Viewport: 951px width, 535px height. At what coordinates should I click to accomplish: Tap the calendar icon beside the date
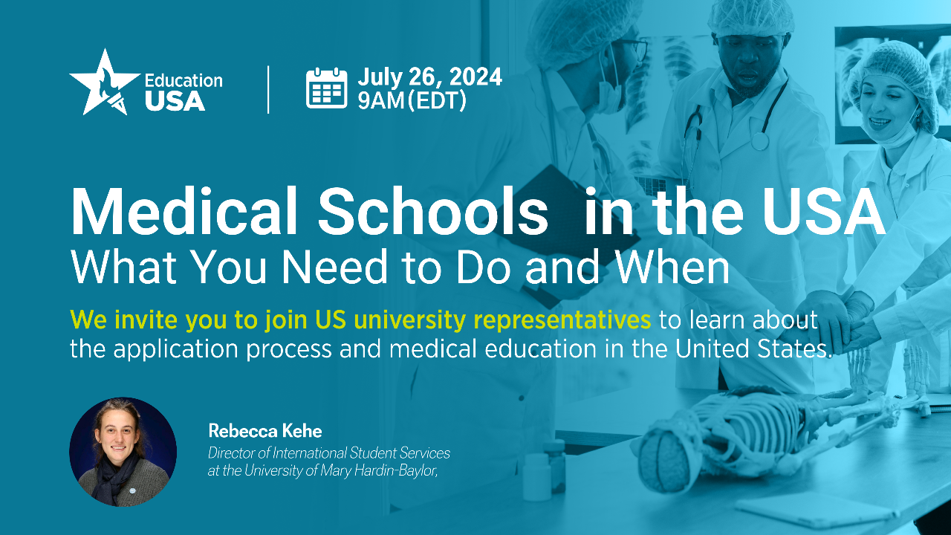point(327,88)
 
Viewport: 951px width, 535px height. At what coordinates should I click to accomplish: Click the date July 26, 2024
point(429,77)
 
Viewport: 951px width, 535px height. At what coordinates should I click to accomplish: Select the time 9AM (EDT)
point(412,100)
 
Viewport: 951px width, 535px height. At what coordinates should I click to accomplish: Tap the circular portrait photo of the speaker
point(123,452)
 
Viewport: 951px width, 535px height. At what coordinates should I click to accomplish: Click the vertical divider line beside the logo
point(268,89)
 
